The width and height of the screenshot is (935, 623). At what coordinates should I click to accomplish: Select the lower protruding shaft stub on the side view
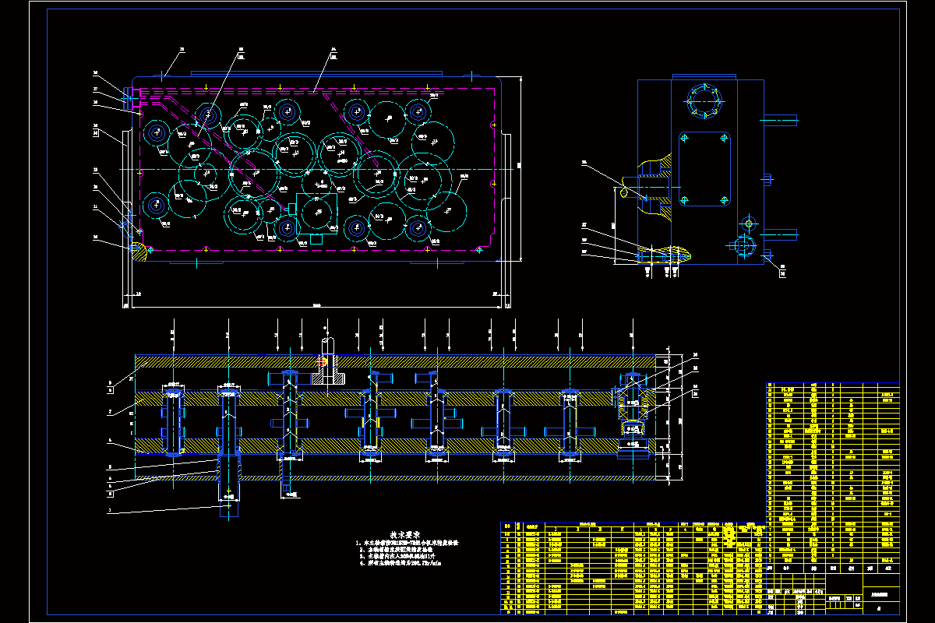(781, 233)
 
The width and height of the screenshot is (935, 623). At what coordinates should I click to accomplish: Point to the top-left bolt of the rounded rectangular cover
(684, 138)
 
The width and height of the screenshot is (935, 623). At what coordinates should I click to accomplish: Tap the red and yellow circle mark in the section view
(322, 361)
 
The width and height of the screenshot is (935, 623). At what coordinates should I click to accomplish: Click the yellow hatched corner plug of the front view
(140, 249)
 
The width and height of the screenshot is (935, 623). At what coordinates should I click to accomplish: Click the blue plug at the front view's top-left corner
(126, 96)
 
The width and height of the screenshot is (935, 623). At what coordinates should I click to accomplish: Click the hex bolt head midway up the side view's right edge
(768, 180)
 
